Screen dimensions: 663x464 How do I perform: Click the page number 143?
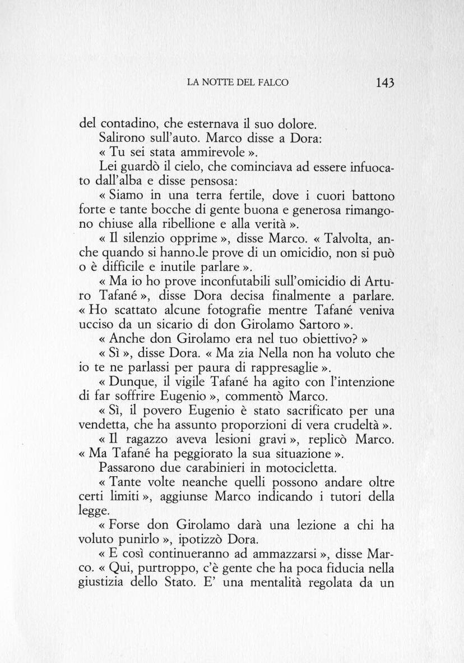point(386,82)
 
